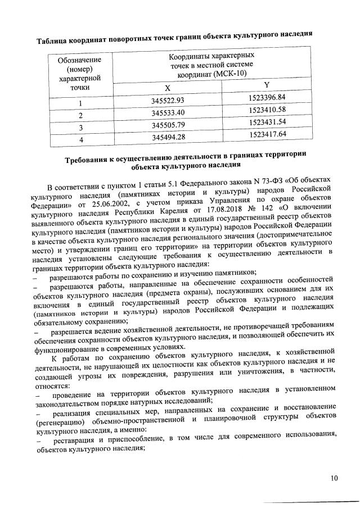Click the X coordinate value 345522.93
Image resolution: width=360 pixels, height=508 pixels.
(168, 101)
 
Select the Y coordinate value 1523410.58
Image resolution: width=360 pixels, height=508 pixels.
(267, 110)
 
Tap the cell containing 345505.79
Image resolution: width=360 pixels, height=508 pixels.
(168, 126)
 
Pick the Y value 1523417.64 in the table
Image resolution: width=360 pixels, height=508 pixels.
(267, 134)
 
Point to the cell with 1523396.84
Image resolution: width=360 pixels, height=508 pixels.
(267, 98)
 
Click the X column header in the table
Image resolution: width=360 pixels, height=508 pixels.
(167, 88)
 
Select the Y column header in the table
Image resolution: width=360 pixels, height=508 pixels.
(267, 85)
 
